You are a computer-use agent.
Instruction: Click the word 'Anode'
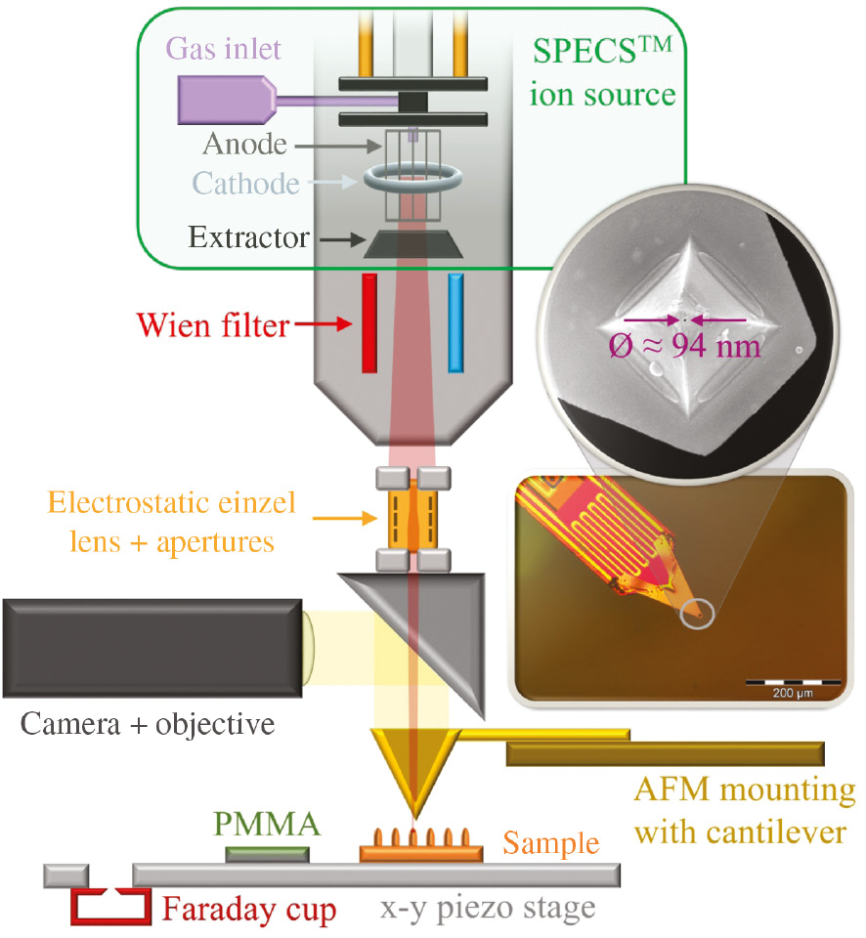pos(245,145)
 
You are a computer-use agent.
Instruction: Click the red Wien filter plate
pos(369,322)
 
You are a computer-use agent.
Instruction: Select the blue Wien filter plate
pos(455,322)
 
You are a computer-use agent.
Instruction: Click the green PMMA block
pos(268,854)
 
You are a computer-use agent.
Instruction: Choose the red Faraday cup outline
pos(109,906)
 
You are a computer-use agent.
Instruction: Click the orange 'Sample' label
pos(550,841)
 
